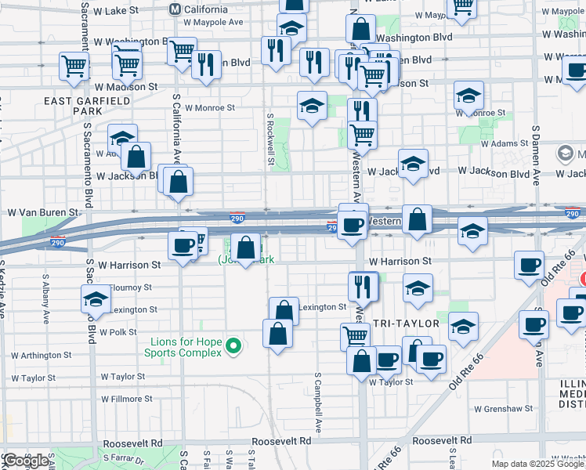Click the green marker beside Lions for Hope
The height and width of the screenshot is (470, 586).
[233, 345]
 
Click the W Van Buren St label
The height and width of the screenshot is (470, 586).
[44, 212]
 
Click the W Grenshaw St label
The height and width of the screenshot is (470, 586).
[504, 408]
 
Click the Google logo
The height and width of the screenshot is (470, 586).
[26, 461]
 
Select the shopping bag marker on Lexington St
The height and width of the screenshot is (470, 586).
[284, 310]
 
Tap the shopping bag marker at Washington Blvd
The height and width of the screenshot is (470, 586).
[360, 30]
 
